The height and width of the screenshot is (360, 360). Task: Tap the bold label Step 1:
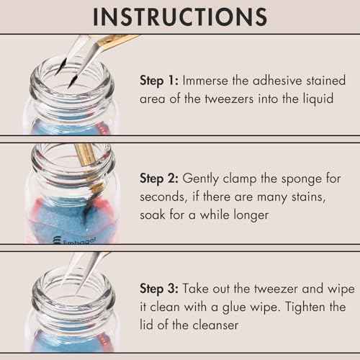(160, 81)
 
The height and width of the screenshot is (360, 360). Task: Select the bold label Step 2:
(160, 177)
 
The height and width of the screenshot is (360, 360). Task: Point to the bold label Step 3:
(160, 288)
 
